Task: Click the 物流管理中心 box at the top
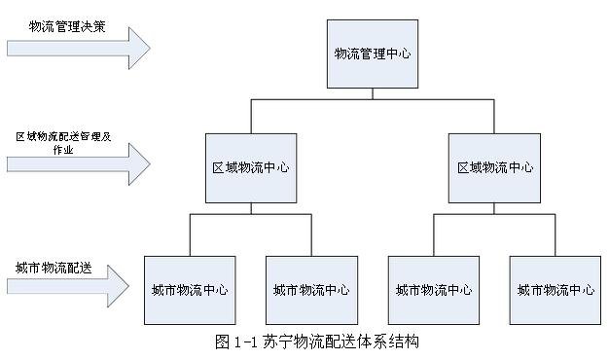pos(372,54)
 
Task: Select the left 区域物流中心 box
pos(251,167)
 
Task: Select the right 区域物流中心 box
pos(495,167)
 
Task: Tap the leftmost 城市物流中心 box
pos(190,289)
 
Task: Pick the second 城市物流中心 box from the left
pos(311,289)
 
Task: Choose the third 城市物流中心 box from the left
pos(434,289)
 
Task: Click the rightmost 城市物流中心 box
pos(555,289)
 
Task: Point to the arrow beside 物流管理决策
pos(78,44)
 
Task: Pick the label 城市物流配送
pos(54,267)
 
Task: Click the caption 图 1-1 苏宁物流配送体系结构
pos(317,342)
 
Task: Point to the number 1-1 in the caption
pos(246,342)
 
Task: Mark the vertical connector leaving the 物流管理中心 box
pos(372,92)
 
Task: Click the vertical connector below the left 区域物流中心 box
pos(251,207)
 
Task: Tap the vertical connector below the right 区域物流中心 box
pos(495,207)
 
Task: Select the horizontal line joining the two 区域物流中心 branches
pos(373,103)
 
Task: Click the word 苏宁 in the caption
pos(277,342)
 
